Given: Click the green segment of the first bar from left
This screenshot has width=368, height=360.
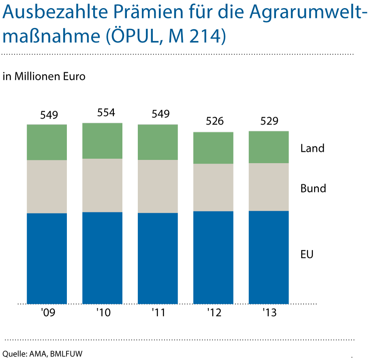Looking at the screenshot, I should [47, 142].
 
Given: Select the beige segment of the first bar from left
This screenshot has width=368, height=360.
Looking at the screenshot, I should [47, 186].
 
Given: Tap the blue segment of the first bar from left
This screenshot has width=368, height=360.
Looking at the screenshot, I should [47, 258].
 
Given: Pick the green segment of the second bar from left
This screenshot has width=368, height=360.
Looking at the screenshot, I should [102, 141].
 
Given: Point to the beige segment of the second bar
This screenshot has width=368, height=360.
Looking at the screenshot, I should [102, 185].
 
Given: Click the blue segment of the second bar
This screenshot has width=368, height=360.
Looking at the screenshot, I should [102, 258].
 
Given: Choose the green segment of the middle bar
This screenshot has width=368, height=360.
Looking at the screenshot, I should [158, 142].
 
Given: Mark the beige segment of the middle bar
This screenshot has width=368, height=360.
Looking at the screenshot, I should [158, 186].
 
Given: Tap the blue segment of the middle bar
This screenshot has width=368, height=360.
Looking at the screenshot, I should [158, 258].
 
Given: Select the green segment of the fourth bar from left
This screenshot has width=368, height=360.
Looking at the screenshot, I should [213, 148].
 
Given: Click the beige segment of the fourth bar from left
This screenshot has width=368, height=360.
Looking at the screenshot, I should [213, 187].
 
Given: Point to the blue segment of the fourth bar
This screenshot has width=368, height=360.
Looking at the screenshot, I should [213, 257].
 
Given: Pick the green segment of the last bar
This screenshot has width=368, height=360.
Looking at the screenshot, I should [269, 147].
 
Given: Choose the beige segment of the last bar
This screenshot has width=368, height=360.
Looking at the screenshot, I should [269, 187].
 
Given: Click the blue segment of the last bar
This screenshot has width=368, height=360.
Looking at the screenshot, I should [269, 257].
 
